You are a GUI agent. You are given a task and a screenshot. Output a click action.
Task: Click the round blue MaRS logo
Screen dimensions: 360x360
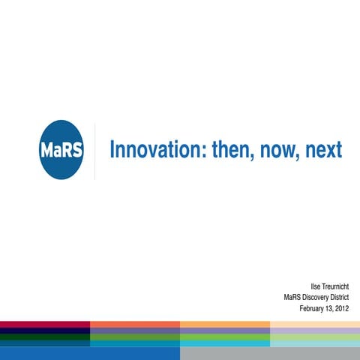click(x=61, y=149)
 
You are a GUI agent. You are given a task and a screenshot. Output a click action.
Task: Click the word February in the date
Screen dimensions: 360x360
click(x=313, y=308)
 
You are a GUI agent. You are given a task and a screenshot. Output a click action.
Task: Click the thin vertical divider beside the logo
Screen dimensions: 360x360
click(x=94, y=150)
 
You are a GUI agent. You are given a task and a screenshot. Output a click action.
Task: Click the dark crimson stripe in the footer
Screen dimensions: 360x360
click(x=45, y=324)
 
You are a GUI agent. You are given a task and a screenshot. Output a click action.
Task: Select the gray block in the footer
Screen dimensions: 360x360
click(x=270, y=352)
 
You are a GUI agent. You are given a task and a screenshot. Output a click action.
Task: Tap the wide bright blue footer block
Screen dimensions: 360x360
click(x=90, y=352)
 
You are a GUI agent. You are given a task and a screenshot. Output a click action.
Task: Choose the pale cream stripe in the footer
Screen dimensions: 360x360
click(x=315, y=324)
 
